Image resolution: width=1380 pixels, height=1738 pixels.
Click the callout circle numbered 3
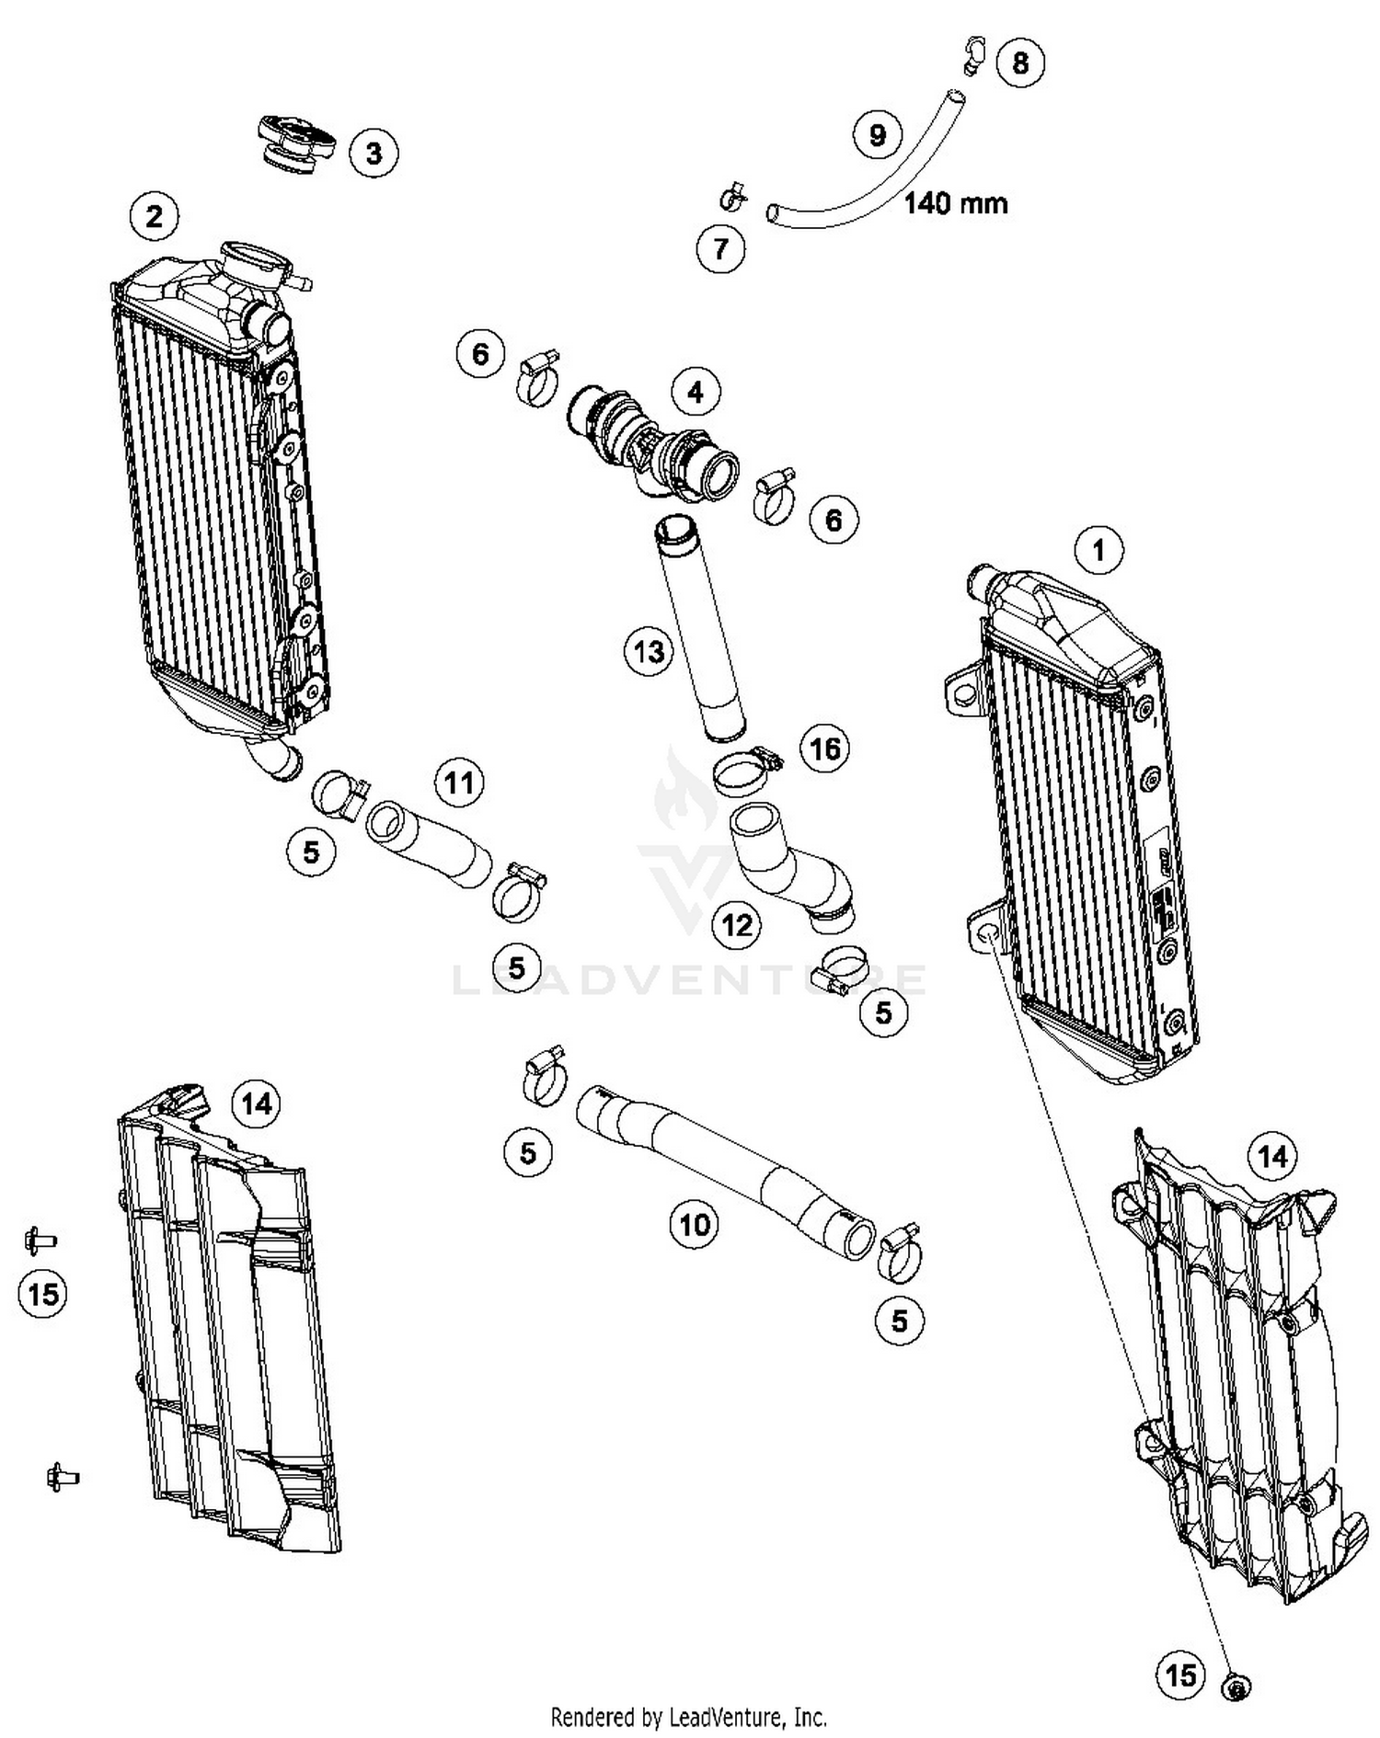(374, 153)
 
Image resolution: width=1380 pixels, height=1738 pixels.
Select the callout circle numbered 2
(154, 216)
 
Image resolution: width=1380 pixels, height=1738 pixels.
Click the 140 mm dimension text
(956, 202)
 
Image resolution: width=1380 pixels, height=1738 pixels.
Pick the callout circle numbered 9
(877, 135)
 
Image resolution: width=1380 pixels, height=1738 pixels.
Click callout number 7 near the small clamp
(720, 248)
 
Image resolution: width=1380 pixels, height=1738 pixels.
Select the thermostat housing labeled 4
(654, 442)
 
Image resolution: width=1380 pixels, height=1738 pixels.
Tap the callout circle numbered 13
(649, 652)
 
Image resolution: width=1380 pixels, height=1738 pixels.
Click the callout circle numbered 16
(824, 749)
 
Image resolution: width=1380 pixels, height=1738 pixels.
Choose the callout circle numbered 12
(737, 924)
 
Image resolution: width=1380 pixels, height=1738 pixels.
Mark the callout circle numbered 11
(458, 783)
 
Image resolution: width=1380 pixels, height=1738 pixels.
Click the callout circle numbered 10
(695, 1224)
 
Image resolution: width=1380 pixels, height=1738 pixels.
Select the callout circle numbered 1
(1098, 551)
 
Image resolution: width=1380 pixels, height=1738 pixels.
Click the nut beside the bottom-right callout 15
(1236, 1687)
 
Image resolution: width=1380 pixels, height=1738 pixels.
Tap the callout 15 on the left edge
(43, 1295)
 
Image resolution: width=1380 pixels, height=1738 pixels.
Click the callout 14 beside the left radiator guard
(256, 1102)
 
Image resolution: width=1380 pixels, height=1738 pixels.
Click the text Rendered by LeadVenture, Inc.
(688, 1717)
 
